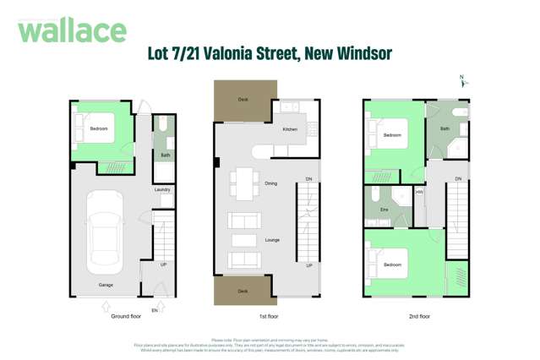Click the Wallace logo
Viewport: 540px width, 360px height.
pyautogui.click(x=72, y=31)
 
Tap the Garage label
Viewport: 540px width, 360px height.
pyautogui.click(x=105, y=285)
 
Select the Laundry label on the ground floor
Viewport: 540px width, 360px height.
pyautogui.click(x=162, y=189)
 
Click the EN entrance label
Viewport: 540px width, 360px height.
pyautogui.click(x=155, y=311)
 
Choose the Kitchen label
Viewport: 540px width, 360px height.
pyautogui.click(x=290, y=129)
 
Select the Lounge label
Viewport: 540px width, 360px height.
pyautogui.click(x=272, y=240)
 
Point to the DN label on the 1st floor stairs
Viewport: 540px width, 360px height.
pyautogui.click(x=308, y=178)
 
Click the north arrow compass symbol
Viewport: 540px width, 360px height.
pyautogui.click(x=462, y=82)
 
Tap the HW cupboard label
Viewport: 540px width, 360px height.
pyautogui.click(x=419, y=193)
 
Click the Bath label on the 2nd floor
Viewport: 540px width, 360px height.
pyautogui.click(x=445, y=128)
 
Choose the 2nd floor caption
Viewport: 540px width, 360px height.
pyautogui.click(x=418, y=316)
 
